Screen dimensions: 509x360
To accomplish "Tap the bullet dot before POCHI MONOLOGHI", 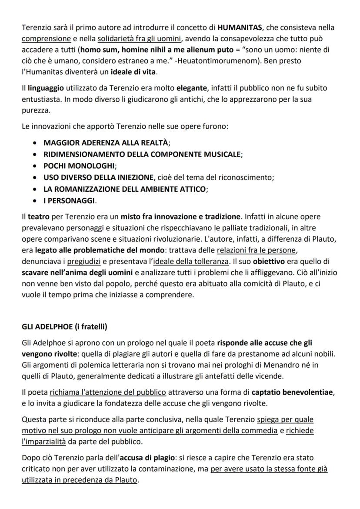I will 35,166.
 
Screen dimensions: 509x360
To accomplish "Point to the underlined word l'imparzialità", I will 43,441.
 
